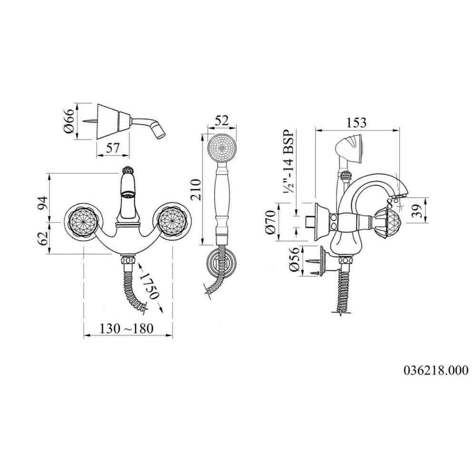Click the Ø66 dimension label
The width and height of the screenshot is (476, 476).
(x=69, y=121)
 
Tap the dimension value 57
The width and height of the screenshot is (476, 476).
(x=112, y=148)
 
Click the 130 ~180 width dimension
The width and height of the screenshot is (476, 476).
(x=127, y=328)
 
